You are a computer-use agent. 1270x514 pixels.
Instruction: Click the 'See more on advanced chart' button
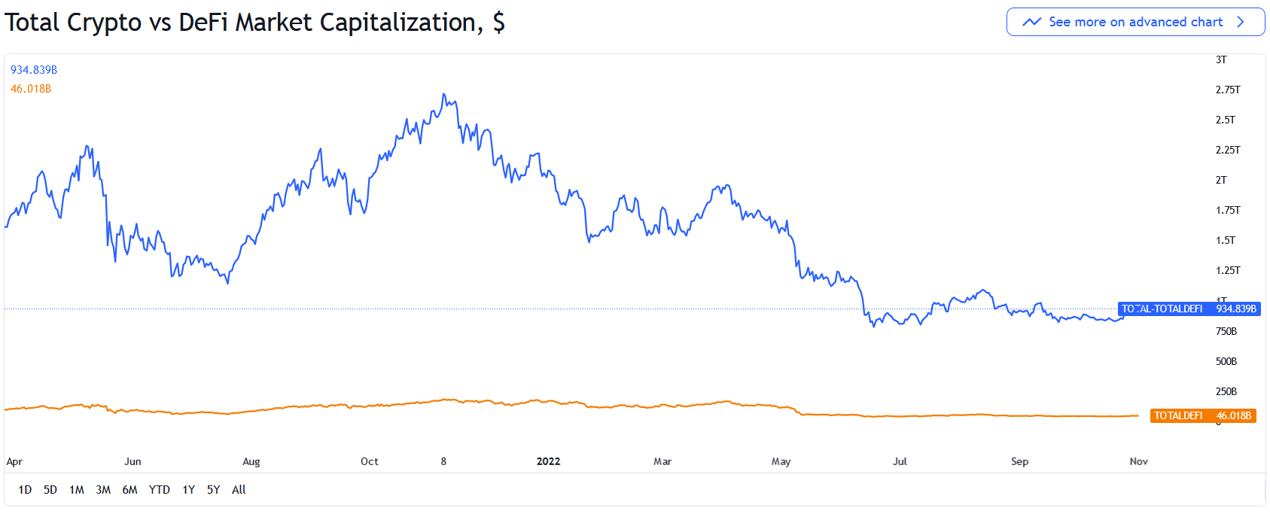coord(1135,22)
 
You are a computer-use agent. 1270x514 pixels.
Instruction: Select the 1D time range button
coord(25,490)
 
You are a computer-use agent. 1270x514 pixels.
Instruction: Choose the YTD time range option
coord(159,490)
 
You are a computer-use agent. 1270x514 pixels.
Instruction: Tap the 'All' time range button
coord(239,490)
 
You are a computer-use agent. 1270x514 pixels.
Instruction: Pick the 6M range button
coord(129,490)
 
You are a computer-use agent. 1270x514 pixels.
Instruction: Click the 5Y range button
coord(214,490)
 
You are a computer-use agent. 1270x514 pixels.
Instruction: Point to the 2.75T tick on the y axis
coord(1227,90)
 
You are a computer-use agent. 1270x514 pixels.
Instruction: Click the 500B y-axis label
coord(1226,361)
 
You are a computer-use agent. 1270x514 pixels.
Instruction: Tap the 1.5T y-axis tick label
coord(1225,240)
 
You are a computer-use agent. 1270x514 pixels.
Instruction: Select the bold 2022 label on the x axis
coord(548,461)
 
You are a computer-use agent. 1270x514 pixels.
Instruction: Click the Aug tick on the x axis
coord(251,461)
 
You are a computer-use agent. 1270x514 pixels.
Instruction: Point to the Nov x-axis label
coord(1138,461)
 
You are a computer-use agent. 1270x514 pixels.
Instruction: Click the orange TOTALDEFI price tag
coord(1203,415)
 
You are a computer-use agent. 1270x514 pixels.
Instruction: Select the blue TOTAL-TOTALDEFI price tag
coord(1189,309)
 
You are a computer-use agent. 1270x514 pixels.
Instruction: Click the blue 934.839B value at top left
coord(34,70)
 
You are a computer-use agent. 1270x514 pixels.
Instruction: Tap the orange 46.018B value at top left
coord(31,89)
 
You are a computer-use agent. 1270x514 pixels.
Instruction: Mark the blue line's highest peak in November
coord(444,94)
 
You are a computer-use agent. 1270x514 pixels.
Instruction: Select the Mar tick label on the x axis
coord(662,461)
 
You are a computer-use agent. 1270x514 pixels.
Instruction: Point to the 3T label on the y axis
coord(1221,59)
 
